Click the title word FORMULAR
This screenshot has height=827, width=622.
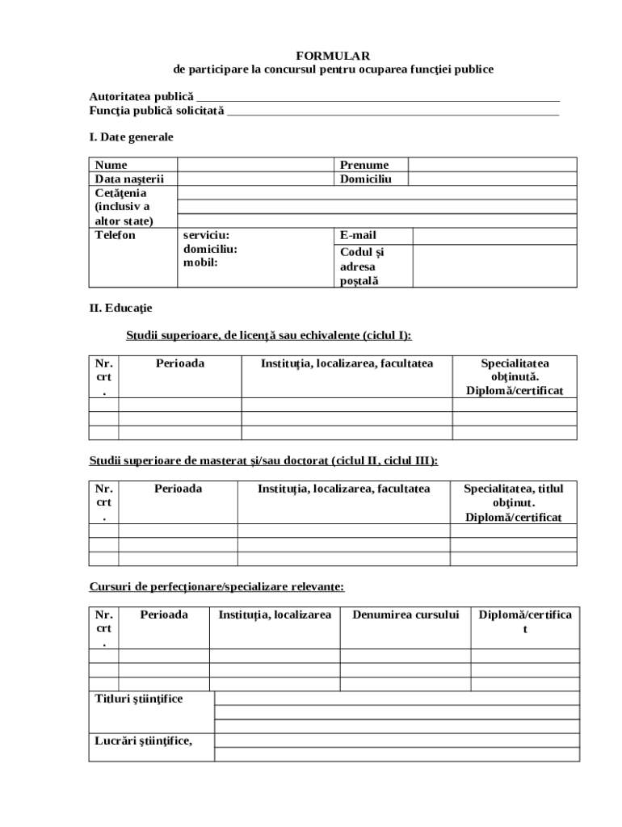point(332,56)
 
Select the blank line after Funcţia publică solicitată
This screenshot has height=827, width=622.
point(393,112)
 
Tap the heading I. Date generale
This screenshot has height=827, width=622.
point(131,137)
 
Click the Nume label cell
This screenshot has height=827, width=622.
point(111,165)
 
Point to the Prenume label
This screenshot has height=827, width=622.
point(364,165)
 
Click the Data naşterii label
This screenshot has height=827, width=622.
point(129,178)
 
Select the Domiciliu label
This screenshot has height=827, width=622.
point(365,178)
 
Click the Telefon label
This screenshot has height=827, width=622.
point(116,235)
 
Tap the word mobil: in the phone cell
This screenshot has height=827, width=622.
point(200,262)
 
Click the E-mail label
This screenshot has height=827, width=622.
point(358,235)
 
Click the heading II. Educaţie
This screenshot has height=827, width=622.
point(120,308)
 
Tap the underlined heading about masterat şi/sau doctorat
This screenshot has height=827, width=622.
point(263,460)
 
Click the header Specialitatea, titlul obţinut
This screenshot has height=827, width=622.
point(513,502)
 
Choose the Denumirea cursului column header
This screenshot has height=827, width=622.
point(406,615)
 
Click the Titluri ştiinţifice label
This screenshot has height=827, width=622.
point(139,699)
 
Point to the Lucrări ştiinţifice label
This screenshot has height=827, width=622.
point(144,738)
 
